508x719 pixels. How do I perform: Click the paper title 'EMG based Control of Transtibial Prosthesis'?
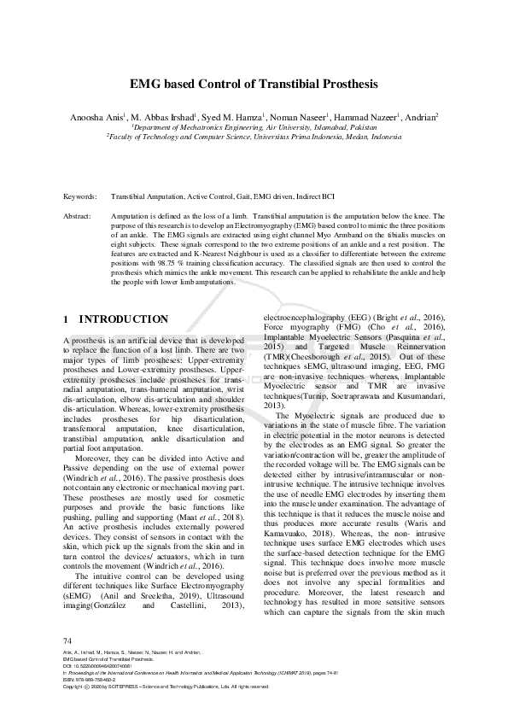[x=253, y=85]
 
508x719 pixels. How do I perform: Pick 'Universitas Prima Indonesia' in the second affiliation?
[x=288, y=136]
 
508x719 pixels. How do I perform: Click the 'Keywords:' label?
[x=79, y=196]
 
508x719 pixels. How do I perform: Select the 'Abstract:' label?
[x=78, y=217]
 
